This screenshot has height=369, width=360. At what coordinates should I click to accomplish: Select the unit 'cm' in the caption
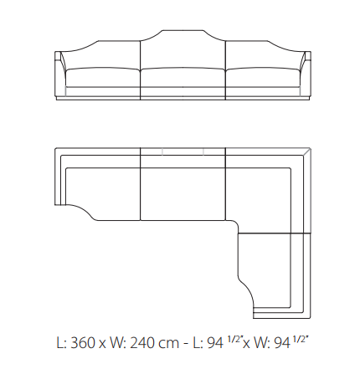[169, 344]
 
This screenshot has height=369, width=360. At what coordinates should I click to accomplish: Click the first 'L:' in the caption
[62, 342]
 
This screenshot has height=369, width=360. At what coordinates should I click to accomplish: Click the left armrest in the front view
[60, 75]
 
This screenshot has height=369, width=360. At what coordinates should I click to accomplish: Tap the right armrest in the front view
[305, 75]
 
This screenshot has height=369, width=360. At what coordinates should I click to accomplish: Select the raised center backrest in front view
[183, 49]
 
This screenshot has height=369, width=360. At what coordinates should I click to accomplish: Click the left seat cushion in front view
[103, 78]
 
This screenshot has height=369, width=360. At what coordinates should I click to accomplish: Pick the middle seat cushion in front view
[183, 78]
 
